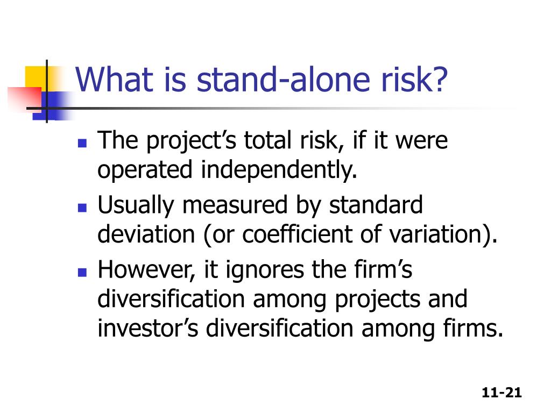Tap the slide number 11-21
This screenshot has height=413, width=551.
(x=502, y=393)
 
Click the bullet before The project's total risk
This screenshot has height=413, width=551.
(x=82, y=144)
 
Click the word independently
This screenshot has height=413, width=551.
(x=279, y=171)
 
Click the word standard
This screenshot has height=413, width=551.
(x=376, y=205)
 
